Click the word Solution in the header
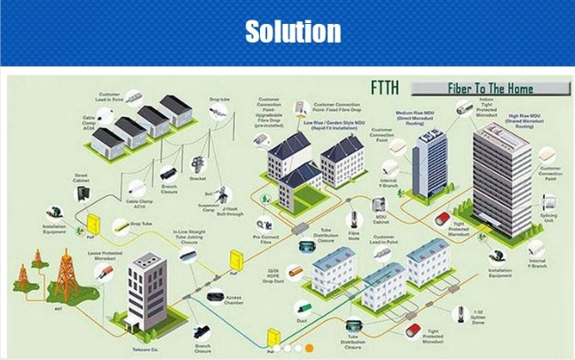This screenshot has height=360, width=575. point(292,31)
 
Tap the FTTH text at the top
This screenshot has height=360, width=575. point(388,89)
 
